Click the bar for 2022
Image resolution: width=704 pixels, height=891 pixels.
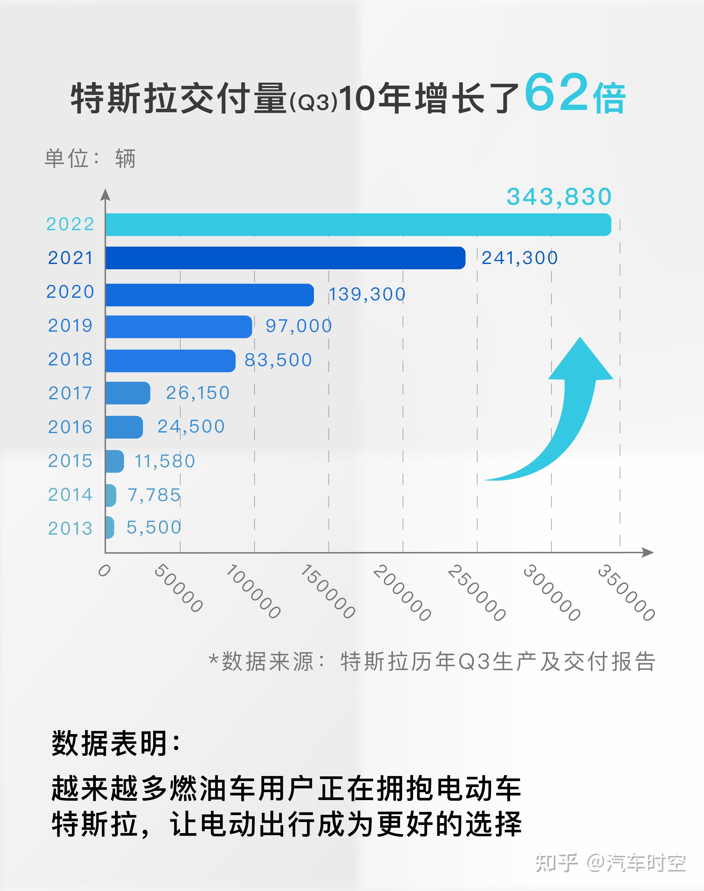358,225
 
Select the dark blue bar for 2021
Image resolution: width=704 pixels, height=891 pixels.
285,258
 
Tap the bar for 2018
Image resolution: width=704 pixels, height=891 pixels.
170,361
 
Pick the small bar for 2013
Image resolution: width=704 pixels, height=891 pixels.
109,527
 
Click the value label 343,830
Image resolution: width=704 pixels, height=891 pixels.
559,197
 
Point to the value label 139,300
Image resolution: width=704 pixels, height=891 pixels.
367,294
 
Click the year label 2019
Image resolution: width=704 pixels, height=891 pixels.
70,326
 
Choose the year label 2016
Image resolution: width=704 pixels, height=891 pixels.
70,427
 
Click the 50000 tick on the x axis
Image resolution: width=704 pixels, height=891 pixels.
178,589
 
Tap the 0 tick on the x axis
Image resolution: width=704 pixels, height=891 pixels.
104,571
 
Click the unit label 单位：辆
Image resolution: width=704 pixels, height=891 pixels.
90,158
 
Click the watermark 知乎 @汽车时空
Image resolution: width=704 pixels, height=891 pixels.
610,863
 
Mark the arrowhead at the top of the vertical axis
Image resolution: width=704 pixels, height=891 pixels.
106,195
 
